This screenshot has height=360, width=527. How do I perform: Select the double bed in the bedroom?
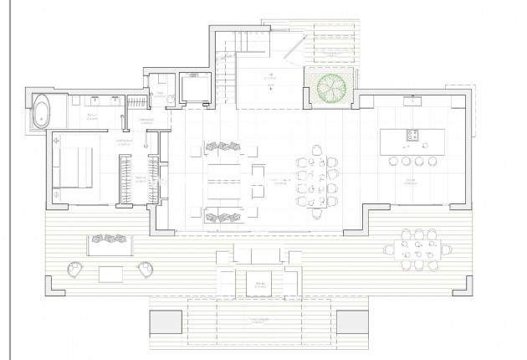tap(73, 167)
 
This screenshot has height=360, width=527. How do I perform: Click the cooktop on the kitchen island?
tap(411, 135)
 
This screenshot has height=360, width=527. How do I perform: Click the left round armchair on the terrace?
tap(74, 270)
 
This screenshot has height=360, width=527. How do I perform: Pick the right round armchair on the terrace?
tap(146, 269)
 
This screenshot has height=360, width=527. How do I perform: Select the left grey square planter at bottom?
tap(164, 323)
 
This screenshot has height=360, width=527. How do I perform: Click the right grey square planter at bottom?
tap(353, 323)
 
